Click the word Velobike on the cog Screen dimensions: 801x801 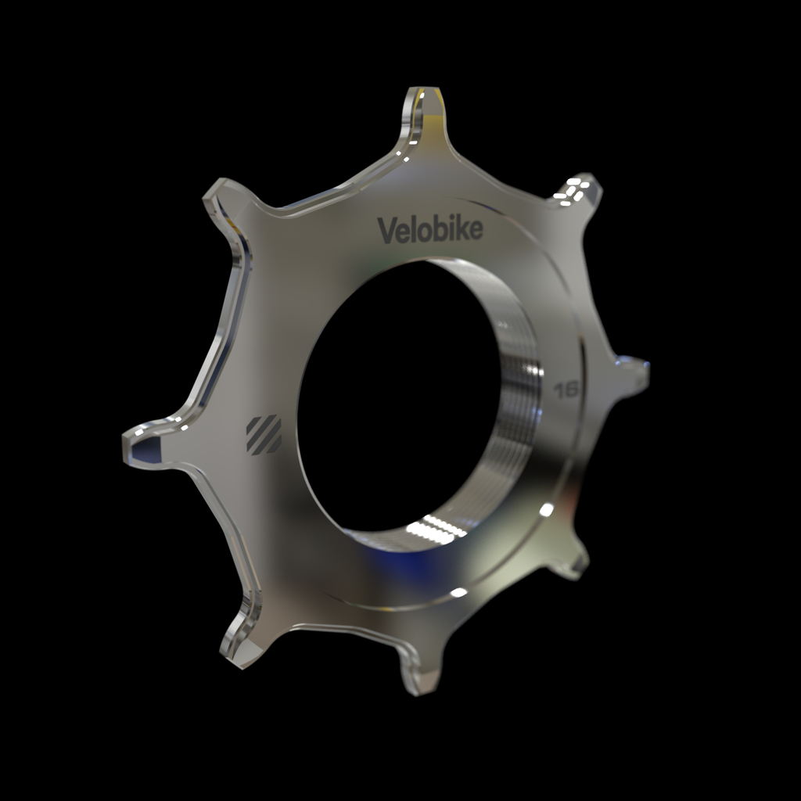click(430, 230)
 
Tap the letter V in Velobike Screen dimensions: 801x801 click(386, 230)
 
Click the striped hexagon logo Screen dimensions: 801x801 click(264, 435)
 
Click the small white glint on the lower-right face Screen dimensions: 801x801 click(546, 510)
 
